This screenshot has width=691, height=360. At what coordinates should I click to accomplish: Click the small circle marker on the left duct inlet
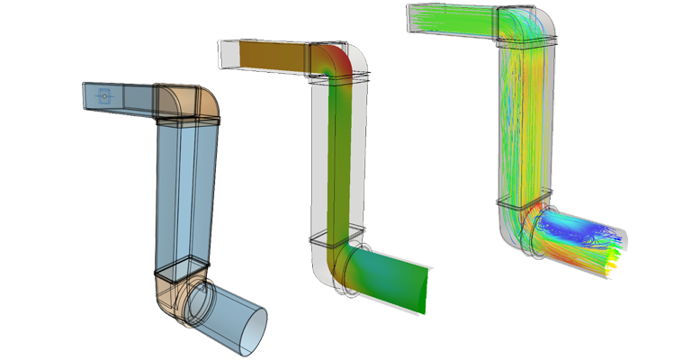pyautogui.click(x=105, y=94)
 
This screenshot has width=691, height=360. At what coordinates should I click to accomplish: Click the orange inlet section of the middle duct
pyautogui.click(x=270, y=56)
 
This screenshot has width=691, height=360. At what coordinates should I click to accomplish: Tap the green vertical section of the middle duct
pyautogui.click(x=337, y=162)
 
